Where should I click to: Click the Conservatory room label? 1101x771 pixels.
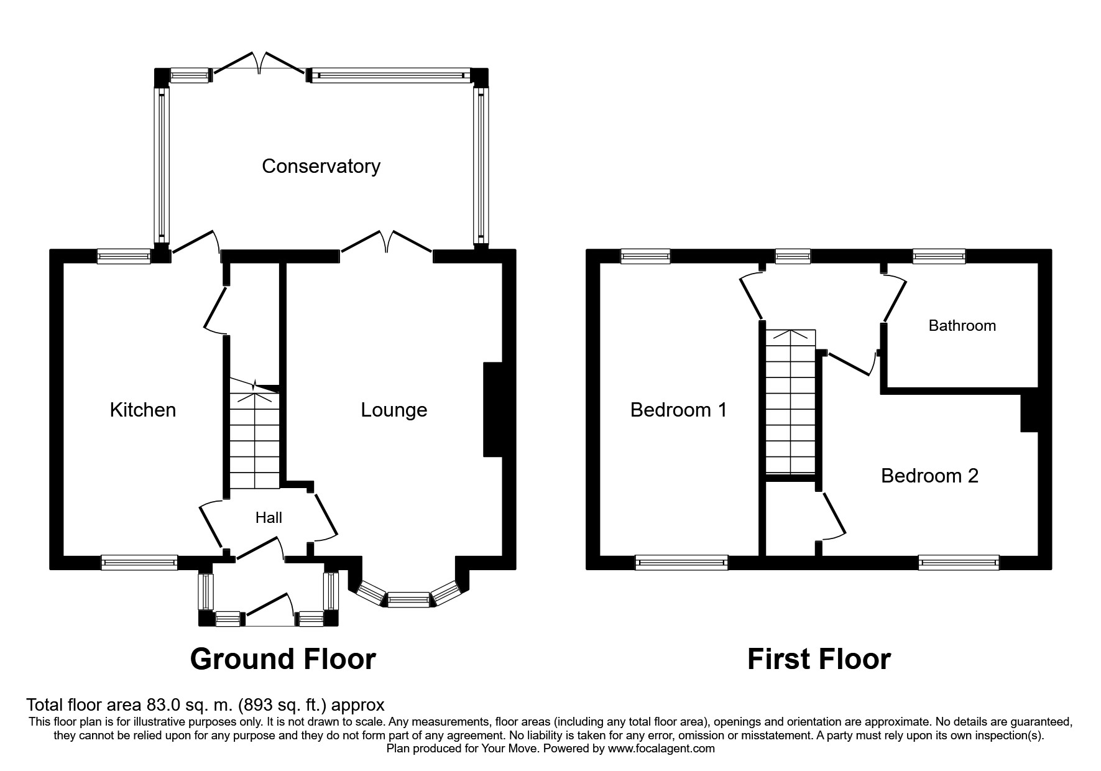[x=321, y=166]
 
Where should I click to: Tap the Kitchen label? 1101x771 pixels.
[x=143, y=410]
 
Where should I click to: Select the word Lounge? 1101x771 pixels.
[x=394, y=410]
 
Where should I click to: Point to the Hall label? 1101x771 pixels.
[x=269, y=517]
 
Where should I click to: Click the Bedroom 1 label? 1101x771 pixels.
[x=678, y=410]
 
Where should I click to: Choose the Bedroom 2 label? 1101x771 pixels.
[x=930, y=476]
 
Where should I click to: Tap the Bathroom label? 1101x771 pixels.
[x=962, y=325]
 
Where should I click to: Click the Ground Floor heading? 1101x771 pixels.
[x=283, y=659]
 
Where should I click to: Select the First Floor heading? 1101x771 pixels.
[x=819, y=659]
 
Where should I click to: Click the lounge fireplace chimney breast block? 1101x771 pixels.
[x=493, y=410]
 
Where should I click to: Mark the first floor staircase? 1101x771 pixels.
[x=790, y=402]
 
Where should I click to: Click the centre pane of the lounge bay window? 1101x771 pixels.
[x=408, y=599]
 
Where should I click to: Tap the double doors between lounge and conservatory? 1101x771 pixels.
[x=386, y=242]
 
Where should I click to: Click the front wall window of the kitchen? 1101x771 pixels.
[x=139, y=563]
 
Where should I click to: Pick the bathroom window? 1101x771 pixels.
[x=939, y=256]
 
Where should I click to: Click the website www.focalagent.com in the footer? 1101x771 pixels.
[x=661, y=749]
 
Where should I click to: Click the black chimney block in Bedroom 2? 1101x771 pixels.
[x=1030, y=410]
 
